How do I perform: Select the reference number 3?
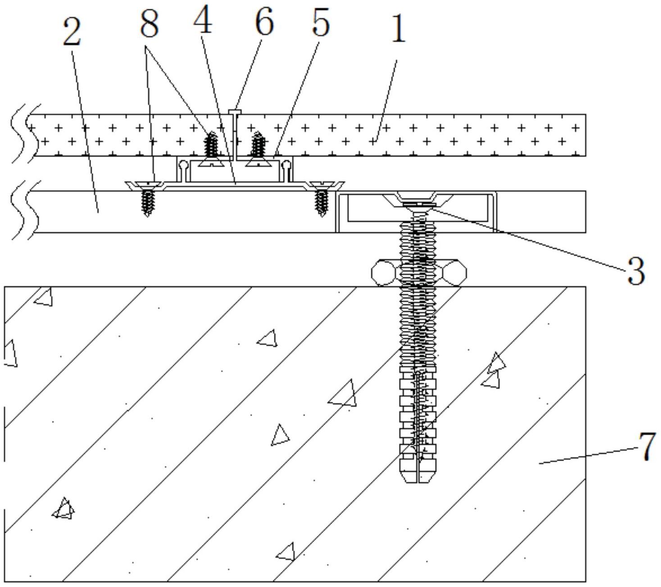click(635, 271)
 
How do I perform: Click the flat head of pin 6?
click(235, 111)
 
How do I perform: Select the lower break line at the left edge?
click(25, 210)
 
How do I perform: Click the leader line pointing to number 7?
click(587, 455)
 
